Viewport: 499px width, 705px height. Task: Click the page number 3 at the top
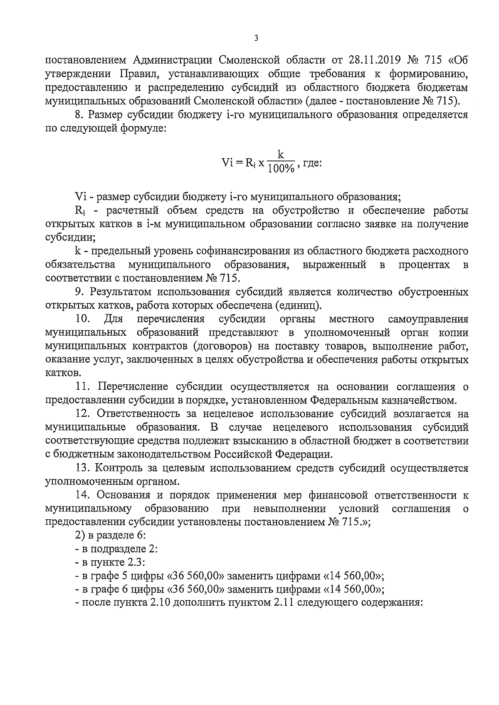pyautogui.click(x=256, y=38)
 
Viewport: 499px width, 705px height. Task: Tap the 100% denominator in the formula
pyautogui.click(x=281, y=168)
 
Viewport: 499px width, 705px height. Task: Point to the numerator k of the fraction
pyautogui.click(x=281, y=155)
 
